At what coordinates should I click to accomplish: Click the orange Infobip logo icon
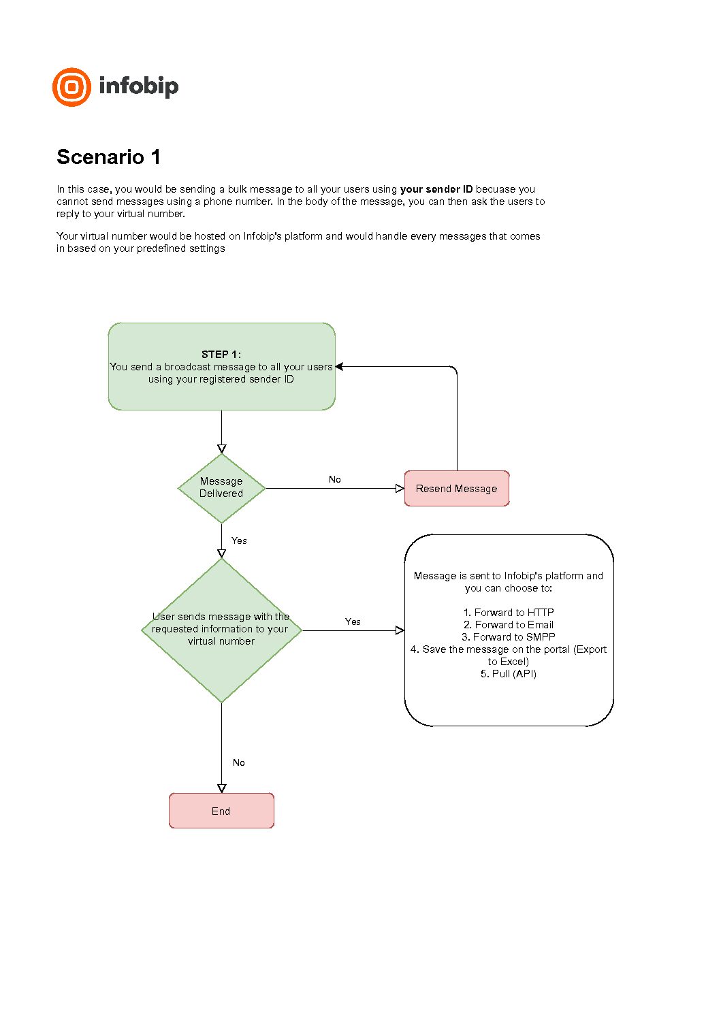click(71, 87)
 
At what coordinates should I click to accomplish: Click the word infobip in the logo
click(138, 86)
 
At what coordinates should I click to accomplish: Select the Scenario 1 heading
click(108, 157)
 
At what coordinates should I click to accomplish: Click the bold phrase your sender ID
click(436, 189)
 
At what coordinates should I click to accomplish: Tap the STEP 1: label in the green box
click(221, 355)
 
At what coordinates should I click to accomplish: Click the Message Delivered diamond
click(221, 488)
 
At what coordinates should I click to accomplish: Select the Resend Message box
click(457, 488)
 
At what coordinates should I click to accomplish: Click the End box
click(221, 811)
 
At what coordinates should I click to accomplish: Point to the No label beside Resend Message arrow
click(335, 479)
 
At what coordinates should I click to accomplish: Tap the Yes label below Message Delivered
click(239, 540)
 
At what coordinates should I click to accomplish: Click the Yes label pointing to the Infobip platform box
click(353, 621)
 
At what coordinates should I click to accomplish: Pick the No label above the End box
click(239, 762)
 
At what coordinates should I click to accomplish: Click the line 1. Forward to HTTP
click(508, 613)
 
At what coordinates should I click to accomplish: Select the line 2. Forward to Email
click(508, 625)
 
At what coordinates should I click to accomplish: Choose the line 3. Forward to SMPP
click(508, 637)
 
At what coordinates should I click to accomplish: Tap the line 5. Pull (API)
click(508, 674)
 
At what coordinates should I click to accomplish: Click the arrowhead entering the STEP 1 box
click(339, 367)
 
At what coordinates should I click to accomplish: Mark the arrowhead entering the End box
click(221, 788)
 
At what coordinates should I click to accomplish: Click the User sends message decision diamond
click(221, 630)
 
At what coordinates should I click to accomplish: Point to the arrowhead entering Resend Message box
click(400, 489)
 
